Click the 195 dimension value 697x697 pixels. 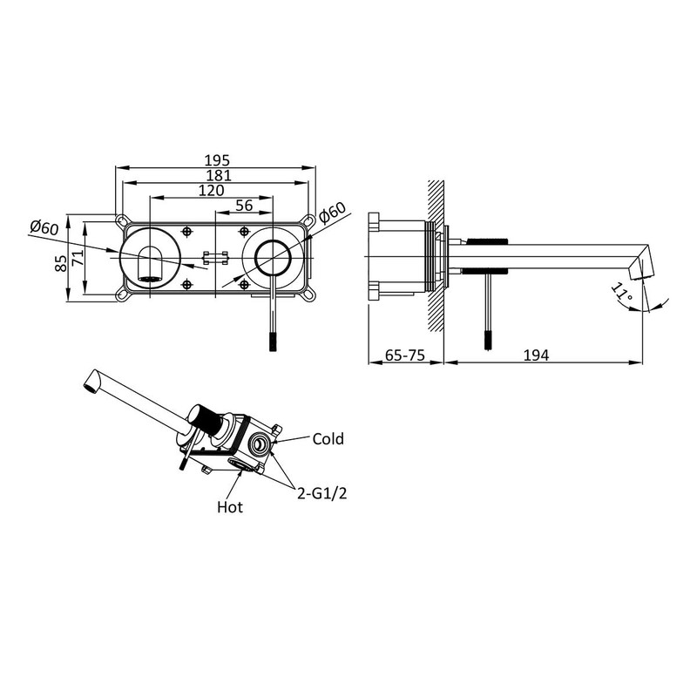click(x=217, y=160)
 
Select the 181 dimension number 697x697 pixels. click(x=219, y=175)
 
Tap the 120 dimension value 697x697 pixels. click(x=211, y=190)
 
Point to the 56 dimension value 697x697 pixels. click(x=244, y=206)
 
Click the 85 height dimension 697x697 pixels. click(x=61, y=263)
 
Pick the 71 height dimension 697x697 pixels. click(x=78, y=257)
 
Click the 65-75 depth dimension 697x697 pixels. click(x=405, y=355)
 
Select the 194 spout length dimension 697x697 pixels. click(x=536, y=355)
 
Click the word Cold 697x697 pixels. click(x=328, y=439)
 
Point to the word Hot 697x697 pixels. click(x=230, y=507)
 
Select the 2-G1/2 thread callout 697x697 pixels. click(x=321, y=493)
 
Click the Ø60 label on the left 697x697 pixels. click(x=44, y=227)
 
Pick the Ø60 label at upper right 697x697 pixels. click(x=333, y=213)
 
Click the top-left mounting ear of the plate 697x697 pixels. click(x=120, y=221)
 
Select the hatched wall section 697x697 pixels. click(x=436, y=255)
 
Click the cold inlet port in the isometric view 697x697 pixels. click(x=259, y=443)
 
